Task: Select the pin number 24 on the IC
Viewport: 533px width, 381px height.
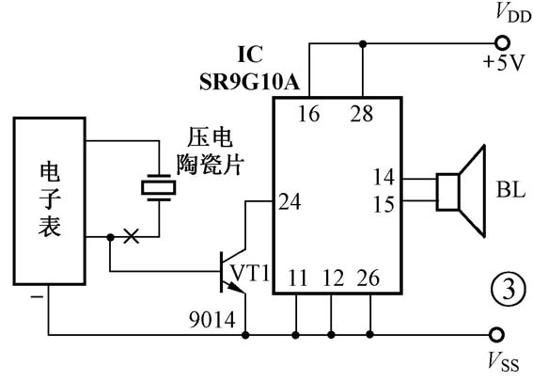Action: coord(290,200)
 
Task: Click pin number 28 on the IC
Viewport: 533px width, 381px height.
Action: coord(362,115)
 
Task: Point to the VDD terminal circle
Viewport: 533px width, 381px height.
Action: coord(500,43)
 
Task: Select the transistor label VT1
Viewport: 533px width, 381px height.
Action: coord(251,273)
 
